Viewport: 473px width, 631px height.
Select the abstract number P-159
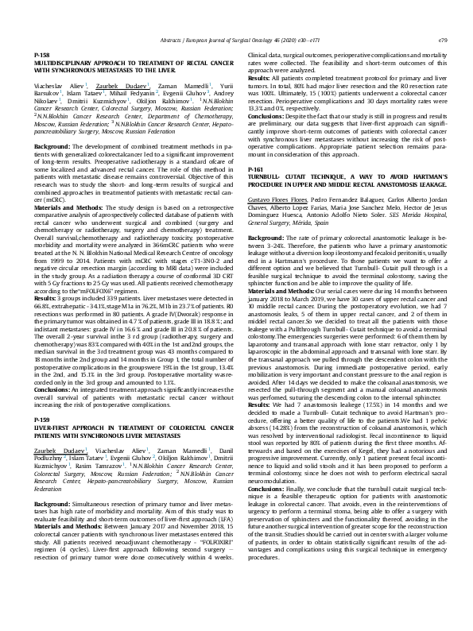[x=41, y=394]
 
